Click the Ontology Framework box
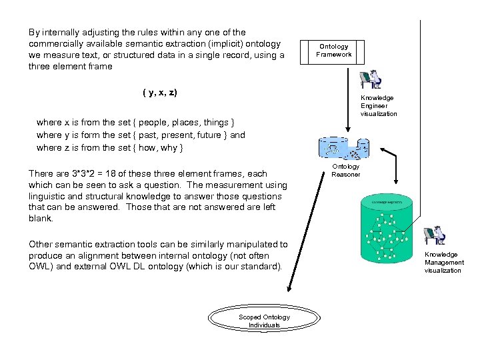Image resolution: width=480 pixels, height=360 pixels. pyautogui.click(x=333, y=51)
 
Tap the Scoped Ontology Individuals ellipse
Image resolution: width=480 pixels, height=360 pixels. pyautogui.click(x=264, y=321)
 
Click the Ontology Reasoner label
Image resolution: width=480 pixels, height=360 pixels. pyautogui.click(x=346, y=170)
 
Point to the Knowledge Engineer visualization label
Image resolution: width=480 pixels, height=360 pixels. pyautogui.click(x=378, y=106)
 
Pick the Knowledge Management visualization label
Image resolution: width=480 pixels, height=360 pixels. pyautogui.click(x=444, y=262)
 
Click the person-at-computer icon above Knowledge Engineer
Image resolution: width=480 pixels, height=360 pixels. pyautogui.click(x=370, y=79)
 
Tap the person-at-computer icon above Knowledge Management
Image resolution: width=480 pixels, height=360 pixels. pyautogui.click(x=435, y=236)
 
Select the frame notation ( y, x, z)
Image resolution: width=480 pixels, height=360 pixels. pyautogui.click(x=160, y=91)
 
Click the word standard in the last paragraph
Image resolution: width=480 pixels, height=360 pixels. pyautogui.click(x=262, y=267)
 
